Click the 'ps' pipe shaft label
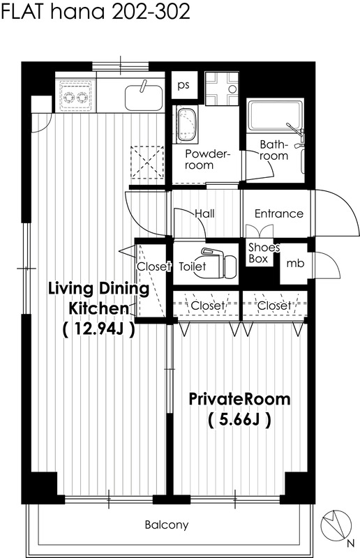tap(183, 85)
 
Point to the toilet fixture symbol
tap(218, 263)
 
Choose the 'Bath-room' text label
tap(273, 150)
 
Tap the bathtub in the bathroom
tap(276, 115)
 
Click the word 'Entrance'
tap(279, 213)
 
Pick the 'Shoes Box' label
tap(263, 252)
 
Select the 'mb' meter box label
tap(295, 263)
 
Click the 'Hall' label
tap(204, 213)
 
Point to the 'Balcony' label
tap(166, 525)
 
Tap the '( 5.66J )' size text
tap(239, 421)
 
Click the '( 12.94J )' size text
tap(98, 329)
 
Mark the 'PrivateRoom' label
tap(239, 399)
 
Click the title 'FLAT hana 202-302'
tap(96, 12)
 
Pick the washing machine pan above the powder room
tap(222, 89)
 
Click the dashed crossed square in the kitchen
tap(147, 163)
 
